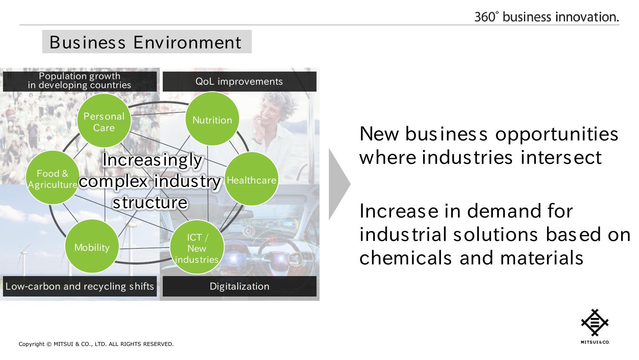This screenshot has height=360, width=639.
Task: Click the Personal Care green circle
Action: pyautogui.click(x=104, y=121)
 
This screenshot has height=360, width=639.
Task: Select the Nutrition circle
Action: pyautogui.click(x=212, y=119)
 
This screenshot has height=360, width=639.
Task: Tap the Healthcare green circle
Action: pyautogui.click(x=251, y=179)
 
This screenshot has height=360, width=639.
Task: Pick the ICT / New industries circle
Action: pyautogui.click(x=197, y=247)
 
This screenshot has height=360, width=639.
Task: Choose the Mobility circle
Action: pyautogui.click(x=92, y=246)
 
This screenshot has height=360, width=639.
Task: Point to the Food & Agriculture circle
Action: pyautogui.click(x=52, y=178)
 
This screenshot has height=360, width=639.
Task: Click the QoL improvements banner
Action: pyautogui.click(x=239, y=81)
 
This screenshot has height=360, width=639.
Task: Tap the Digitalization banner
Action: pyautogui.click(x=239, y=286)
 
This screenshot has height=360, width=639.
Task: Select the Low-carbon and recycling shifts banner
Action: pyautogui.click(x=80, y=286)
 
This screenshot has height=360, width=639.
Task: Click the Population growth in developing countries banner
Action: pyautogui.click(x=80, y=81)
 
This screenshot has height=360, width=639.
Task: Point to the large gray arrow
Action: pyautogui.click(x=339, y=184)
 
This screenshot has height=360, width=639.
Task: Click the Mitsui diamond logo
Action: pyautogui.click(x=595, y=323)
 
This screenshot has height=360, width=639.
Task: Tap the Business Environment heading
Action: pyautogui.click(x=146, y=42)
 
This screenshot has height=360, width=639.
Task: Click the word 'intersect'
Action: pyautogui.click(x=561, y=158)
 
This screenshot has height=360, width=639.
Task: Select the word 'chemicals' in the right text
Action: pyautogui.click(x=406, y=258)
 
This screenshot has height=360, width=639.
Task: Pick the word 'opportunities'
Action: pyautogui.click(x=556, y=135)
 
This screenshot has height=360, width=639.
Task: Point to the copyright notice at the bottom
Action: pyautogui.click(x=96, y=344)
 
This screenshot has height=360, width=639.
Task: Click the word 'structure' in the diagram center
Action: pyautogui.click(x=150, y=202)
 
